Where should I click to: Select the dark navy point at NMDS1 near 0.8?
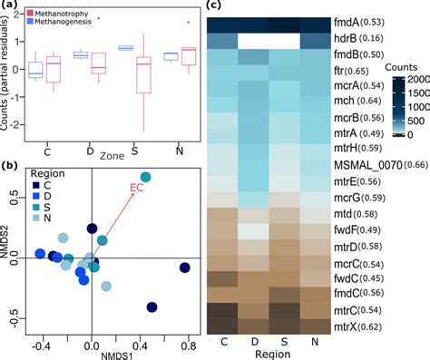(x=185, y=268)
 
